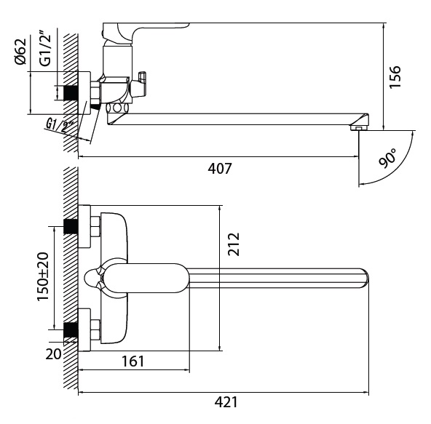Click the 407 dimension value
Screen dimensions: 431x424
[x=220, y=169]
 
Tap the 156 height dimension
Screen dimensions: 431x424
[x=395, y=76]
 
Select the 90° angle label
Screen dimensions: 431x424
[x=388, y=158]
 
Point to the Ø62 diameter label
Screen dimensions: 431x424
[x=21, y=52]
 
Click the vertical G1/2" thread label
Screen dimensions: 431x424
[x=45, y=49]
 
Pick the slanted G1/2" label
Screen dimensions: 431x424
[x=58, y=126]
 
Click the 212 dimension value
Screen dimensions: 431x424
[x=234, y=244]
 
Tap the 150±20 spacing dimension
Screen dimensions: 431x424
[x=43, y=276]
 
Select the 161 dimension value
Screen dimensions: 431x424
[x=133, y=361]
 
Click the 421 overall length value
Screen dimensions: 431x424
[x=226, y=403]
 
